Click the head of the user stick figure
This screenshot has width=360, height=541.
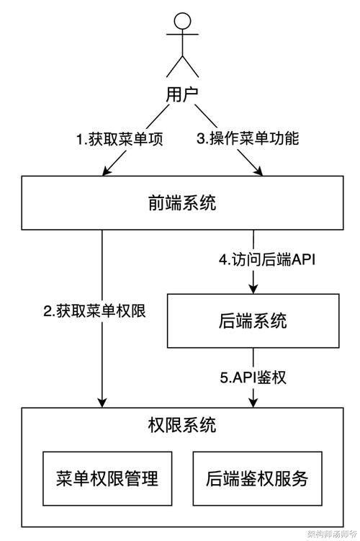[x=182, y=22]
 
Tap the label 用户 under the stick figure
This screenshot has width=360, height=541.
[x=182, y=94]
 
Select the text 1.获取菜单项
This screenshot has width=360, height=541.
[x=120, y=139]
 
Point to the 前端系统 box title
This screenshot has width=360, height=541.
[x=182, y=204]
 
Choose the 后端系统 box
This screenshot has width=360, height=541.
[x=252, y=321]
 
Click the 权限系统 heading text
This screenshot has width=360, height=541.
[x=181, y=425]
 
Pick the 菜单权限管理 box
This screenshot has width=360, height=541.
[x=107, y=479]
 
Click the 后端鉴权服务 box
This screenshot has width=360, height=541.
[x=255, y=479]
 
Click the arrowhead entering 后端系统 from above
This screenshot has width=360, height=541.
[x=253, y=288]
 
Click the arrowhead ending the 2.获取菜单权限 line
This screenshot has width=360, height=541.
[x=102, y=402]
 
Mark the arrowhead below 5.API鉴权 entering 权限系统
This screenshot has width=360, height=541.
[x=253, y=402]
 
